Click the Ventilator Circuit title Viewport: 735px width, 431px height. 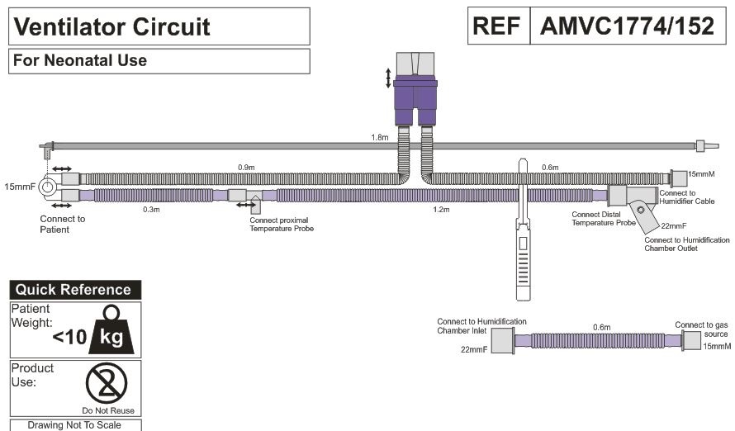click(x=112, y=26)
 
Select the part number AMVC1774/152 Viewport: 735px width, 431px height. click(x=626, y=26)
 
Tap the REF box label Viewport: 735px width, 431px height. click(x=496, y=26)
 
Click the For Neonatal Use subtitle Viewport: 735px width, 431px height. click(x=79, y=60)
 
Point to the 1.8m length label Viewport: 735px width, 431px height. click(x=379, y=138)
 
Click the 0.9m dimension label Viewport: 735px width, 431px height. click(x=246, y=168)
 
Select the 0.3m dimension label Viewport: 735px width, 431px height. click(x=151, y=210)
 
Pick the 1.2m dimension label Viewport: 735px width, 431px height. click(x=441, y=210)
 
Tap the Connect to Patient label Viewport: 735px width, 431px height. click(x=63, y=224)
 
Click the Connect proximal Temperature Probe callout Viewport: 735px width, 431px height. click(x=282, y=224)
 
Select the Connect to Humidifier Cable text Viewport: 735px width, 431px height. click(x=686, y=197)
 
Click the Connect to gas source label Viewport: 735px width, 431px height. click(x=701, y=329)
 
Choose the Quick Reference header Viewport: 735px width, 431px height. click(x=75, y=290)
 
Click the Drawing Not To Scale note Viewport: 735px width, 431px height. click(x=75, y=425)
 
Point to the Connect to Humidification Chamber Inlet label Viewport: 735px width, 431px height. click(x=481, y=326)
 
